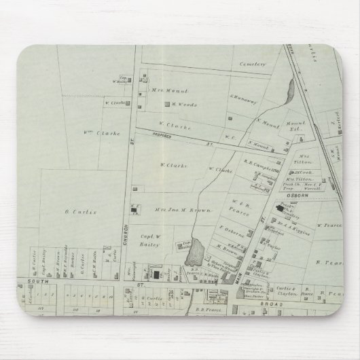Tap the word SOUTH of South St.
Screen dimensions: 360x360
(26, 281)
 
